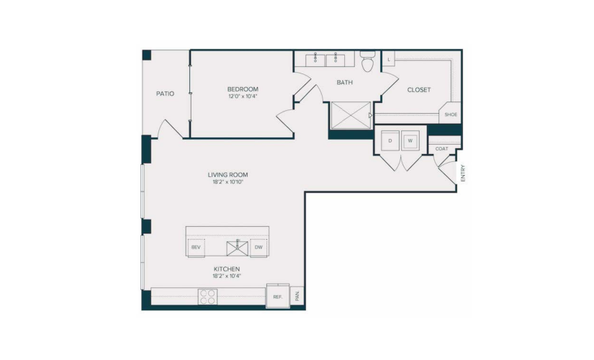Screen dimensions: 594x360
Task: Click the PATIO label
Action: click(165, 94)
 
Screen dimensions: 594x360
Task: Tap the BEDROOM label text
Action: click(243, 89)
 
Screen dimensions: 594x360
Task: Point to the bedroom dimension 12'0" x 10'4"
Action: click(243, 96)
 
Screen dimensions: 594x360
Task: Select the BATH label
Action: click(345, 82)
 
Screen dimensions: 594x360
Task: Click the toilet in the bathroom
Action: click(367, 61)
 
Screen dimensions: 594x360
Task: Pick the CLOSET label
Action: click(419, 90)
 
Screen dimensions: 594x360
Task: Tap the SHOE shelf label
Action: click(451, 114)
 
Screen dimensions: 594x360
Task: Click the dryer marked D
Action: click(390, 140)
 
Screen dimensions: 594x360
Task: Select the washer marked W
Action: click(410, 140)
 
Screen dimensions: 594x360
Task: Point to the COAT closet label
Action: click(441, 149)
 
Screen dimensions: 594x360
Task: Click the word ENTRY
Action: click(463, 174)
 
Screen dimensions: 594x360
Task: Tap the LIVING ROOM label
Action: click(228, 175)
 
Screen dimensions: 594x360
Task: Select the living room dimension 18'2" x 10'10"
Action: click(228, 182)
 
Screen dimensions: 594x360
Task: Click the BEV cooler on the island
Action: click(196, 248)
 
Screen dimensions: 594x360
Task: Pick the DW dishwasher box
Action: click(258, 248)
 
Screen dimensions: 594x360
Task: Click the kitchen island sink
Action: click(238, 248)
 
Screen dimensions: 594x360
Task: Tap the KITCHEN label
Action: click(227, 269)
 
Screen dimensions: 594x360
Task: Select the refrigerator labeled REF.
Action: click(278, 296)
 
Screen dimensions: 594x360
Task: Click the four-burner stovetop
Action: click(207, 297)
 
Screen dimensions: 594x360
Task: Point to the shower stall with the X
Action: click(351, 115)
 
